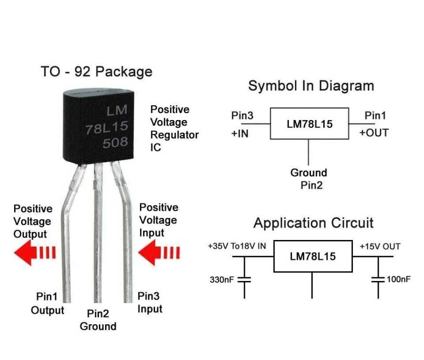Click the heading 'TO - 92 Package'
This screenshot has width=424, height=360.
tap(96, 72)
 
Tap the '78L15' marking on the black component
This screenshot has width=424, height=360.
tap(106, 127)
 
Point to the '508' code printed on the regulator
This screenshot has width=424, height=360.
tap(115, 143)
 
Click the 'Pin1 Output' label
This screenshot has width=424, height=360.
tap(48, 304)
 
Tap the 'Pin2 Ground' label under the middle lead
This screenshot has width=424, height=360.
tap(98, 320)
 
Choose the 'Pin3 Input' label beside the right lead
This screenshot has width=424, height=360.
tap(150, 303)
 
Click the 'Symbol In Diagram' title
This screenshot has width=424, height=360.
tap(311, 86)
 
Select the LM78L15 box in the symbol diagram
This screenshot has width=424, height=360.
tap(309, 124)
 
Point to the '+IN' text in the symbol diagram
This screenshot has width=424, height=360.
tap(240, 133)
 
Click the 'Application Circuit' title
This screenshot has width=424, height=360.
tap(313, 223)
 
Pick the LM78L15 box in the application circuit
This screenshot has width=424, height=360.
tap(313, 256)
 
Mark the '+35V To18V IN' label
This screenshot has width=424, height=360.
tap(237, 246)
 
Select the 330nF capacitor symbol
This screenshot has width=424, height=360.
tap(244, 279)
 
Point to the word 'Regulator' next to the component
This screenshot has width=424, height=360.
tap(174, 135)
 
